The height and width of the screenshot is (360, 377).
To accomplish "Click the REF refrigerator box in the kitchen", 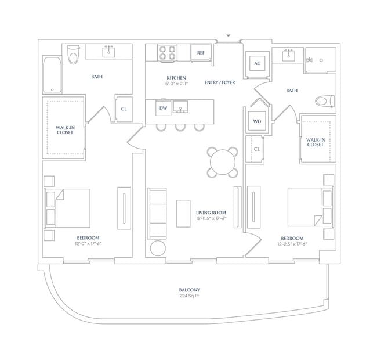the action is tap(201, 52).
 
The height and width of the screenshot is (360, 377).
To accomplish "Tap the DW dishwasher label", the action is tap(163, 108).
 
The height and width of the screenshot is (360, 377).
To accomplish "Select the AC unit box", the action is tap(258, 63).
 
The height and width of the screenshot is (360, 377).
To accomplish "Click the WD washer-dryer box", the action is tap(257, 121).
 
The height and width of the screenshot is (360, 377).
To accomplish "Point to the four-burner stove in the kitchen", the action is tap(168, 53).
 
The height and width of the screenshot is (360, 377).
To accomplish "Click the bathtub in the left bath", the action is tap(52, 74).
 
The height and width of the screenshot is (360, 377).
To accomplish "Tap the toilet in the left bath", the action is tap(73, 55).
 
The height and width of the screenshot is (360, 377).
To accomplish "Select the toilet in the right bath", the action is tap(325, 101).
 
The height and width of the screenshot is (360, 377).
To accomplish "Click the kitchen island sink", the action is tap(180, 107).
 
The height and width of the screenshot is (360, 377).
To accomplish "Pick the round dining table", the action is tap(223, 162).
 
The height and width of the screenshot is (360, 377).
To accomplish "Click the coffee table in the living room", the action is tap(183, 214).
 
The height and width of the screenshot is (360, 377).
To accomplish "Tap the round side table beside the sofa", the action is tap(158, 248).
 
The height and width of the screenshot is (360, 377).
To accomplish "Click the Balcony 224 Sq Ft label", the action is tap(190, 293).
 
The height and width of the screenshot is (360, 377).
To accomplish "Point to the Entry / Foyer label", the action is tap(220, 82).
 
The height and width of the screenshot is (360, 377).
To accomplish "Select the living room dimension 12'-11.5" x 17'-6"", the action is tap(211, 218).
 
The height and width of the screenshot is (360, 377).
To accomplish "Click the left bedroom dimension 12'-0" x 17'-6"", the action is tap(88, 243).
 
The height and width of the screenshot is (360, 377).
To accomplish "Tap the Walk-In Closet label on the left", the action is tap(65, 130).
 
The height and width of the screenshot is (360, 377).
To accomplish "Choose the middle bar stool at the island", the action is tap(180, 127).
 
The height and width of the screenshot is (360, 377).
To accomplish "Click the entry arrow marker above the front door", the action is tap(229, 35).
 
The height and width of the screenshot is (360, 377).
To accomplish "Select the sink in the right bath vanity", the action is tap(288, 56).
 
